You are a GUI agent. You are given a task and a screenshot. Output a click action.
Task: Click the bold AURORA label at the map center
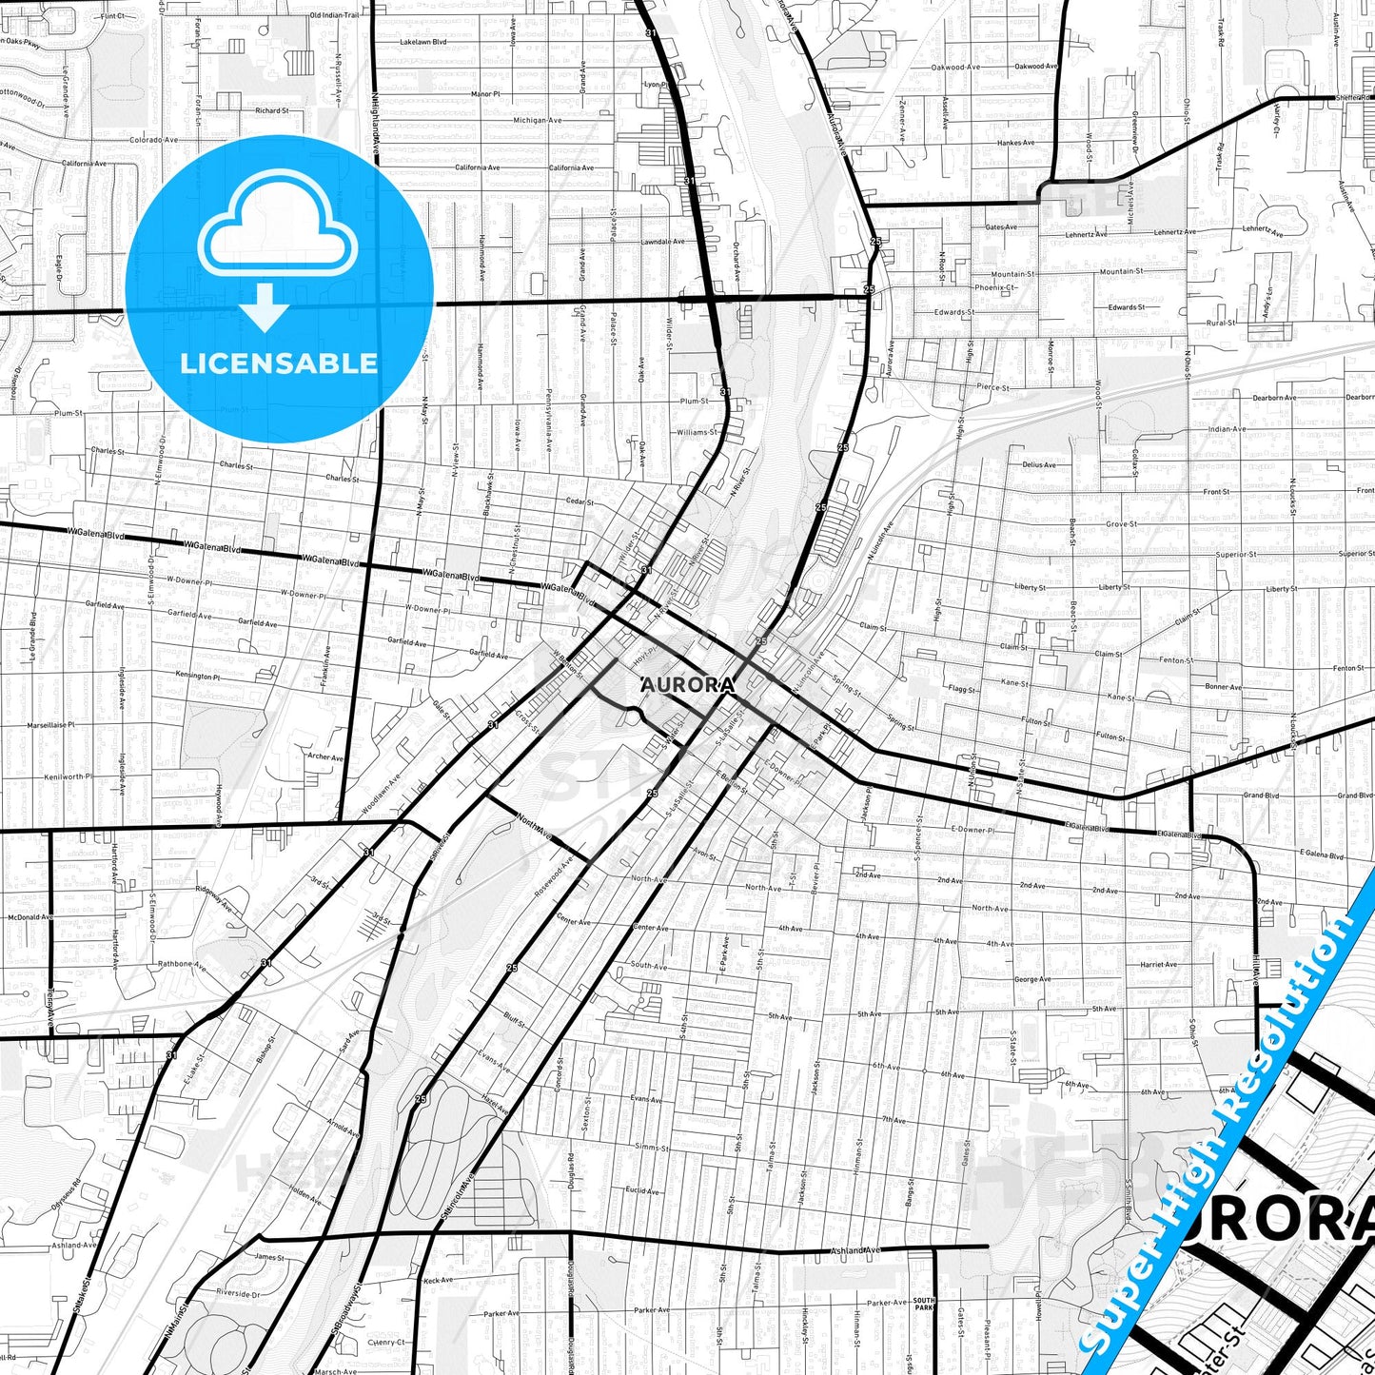pyautogui.click(x=688, y=685)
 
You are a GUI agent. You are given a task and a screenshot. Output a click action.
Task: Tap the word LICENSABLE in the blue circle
pyautogui.click(x=279, y=363)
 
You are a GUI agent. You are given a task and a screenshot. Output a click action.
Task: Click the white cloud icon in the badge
pyautogui.click(x=277, y=226)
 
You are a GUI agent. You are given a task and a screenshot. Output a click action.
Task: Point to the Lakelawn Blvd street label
pyautogui.click(x=422, y=42)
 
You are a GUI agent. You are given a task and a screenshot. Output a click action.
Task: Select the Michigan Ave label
pyautogui.click(x=537, y=120)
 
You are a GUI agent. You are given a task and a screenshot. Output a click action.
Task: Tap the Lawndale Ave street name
pyautogui.click(x=662, y=242)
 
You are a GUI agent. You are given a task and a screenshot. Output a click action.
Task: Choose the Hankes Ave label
pyautogui.click(x=1015, y=143)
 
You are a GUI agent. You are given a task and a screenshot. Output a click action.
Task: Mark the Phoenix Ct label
pyautogui.click(x=995, y=287)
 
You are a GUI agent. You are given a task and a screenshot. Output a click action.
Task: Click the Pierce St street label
pyautogui.click(x=992, y=387)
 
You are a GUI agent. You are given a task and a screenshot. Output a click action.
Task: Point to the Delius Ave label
pyautogui.click(x=1038, y=464)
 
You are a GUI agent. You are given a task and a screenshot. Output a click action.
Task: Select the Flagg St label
pyautogui.click(x=961, y=689)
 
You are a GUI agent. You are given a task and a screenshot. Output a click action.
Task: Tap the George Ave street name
pyautogui.click(x=1032, y=979)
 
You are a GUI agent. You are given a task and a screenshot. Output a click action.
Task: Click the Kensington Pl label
pyautogui.click(x=198, y=677)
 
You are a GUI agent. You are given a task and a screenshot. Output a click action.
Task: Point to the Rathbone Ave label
pyautogui.click(x=181, y=964)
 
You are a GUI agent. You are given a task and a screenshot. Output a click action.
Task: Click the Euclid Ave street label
pyautogui.click(x=643, y=1190)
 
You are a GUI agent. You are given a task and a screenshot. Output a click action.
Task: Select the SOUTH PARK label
pyautogui.click(x=924, y=1304)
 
